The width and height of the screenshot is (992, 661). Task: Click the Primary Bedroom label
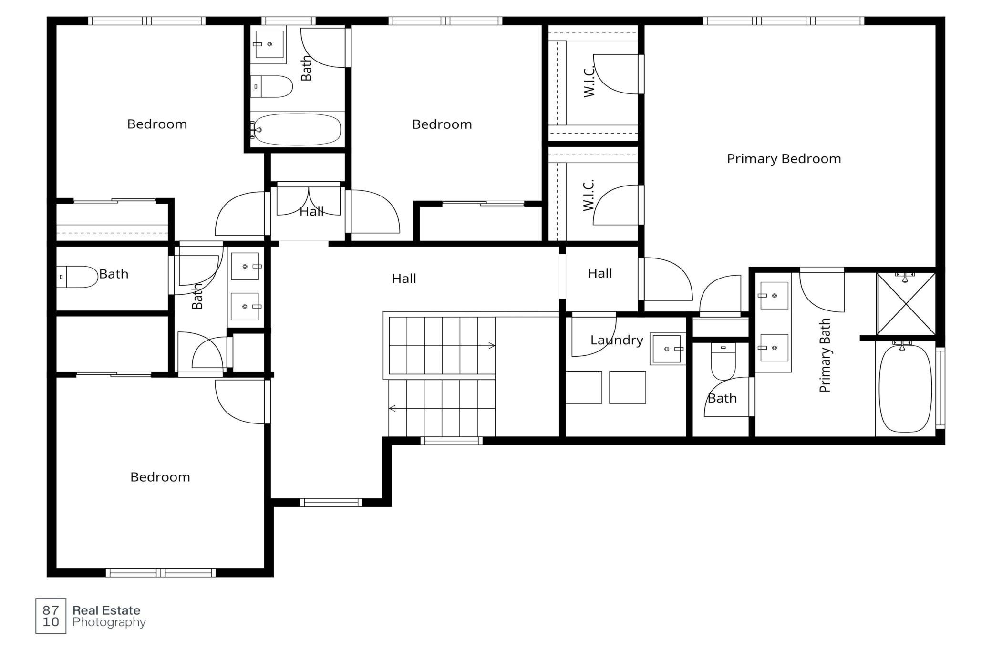(784, 159)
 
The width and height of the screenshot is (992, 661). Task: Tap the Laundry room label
(617, 340)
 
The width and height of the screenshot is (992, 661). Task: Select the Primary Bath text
(825, 355)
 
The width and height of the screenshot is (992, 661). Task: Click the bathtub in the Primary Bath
(905, 389)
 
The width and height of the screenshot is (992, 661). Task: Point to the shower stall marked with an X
(906, 304)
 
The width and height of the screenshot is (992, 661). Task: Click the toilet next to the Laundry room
(723, 361)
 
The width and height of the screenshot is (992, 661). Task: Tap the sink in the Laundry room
(667, 349)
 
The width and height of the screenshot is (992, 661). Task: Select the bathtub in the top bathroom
(297, 129)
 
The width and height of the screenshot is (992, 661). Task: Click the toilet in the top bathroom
(271, 86)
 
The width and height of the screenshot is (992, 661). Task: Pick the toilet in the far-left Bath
(77, 277)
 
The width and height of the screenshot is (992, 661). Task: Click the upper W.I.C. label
(589, 82)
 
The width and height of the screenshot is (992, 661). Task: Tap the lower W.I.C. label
(589, 195)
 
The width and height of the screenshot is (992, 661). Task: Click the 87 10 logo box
(51, 616)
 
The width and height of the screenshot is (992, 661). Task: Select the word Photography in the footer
(109, 622)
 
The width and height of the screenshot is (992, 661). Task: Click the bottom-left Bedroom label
(160, 477)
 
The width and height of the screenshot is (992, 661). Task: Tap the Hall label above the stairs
(404, 279)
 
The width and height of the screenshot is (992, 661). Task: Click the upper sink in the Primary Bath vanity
(773, 296)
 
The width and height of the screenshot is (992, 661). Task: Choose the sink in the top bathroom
(269, 44)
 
